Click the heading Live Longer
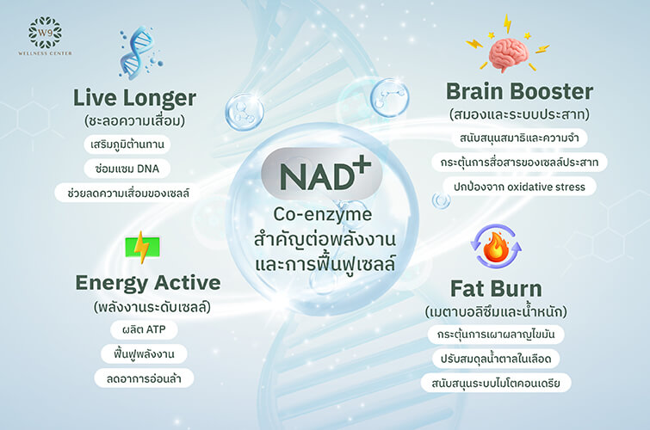pyautogui.click(x=135, y=97)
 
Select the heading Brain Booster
pyautogui.click(x=519, y=91)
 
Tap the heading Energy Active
pyautogui.click(x=147, y=282)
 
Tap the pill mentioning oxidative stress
pyautogui.click(x=518, y=187)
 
